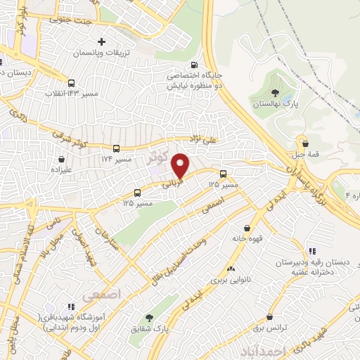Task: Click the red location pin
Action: pos(181,164)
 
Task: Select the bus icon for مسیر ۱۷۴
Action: pos(117,148)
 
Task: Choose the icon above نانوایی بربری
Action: pos(231,269)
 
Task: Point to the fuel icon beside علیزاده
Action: pos(57,159)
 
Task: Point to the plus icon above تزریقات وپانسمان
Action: pos(103,42)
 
